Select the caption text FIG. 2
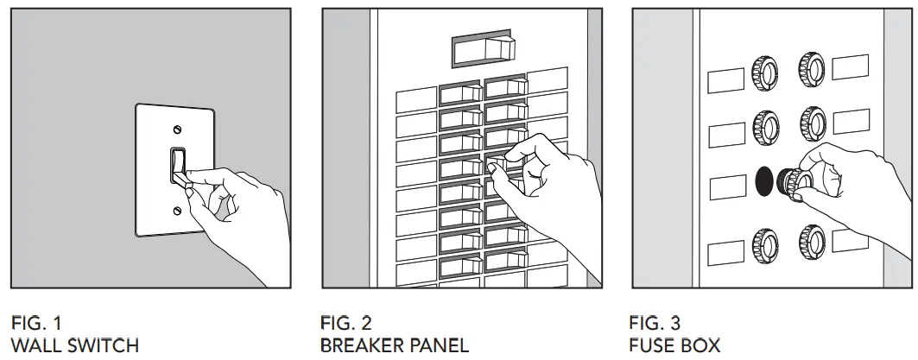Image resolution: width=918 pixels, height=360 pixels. click(x=346, y=324)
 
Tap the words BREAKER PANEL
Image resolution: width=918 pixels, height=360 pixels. click(x=394, y=345)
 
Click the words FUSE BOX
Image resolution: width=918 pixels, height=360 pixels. click(x=675, y=345)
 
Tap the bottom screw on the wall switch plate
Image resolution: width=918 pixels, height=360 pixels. click(x=178, y=210)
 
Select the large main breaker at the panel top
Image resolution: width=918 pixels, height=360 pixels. click(x=484, y=51)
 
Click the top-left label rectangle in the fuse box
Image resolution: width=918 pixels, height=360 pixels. click(x=725, y=80)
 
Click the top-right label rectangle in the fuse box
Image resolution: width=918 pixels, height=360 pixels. click(x=850, y=66)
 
